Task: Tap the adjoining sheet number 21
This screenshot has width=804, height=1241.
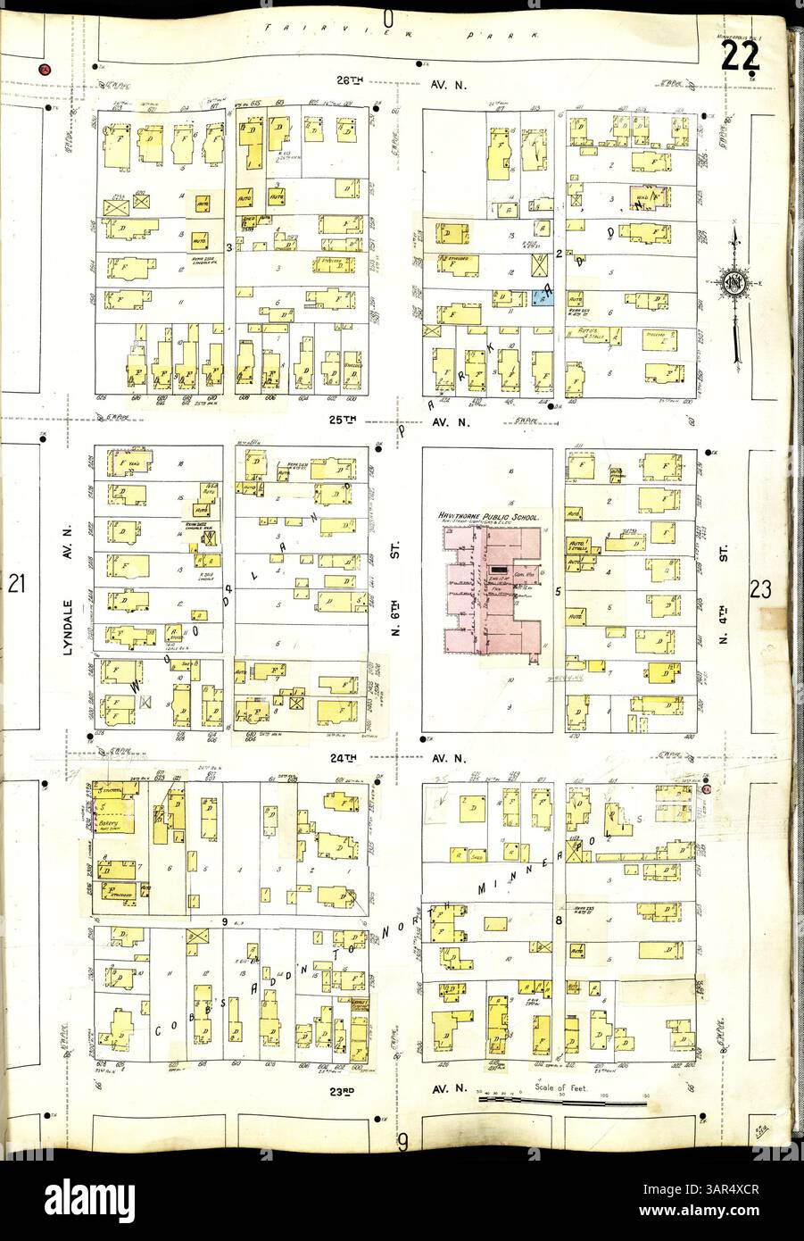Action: pyautogui.click(x=15, y=586)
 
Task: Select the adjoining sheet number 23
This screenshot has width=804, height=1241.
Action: pyautogui.click(x=760, y=588)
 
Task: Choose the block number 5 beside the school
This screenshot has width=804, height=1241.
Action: pyautogui.click(x=558, y=591)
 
